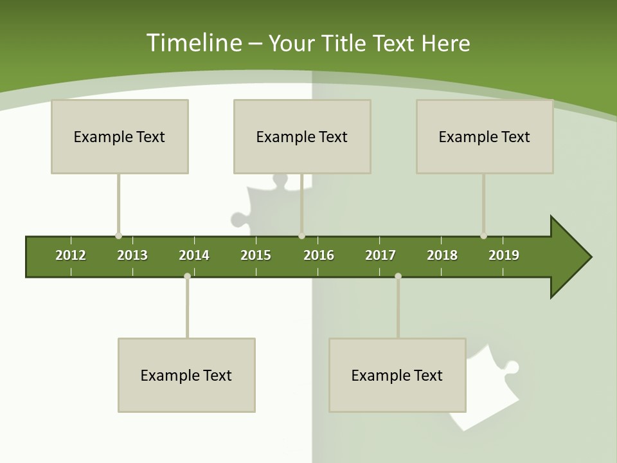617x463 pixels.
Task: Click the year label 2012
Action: (x=71, y=255)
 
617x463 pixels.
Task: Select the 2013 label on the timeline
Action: (x=132, y=255)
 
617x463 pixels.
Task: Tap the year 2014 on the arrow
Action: (x=194, y=255)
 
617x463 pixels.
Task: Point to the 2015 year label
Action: (x=256, y=255)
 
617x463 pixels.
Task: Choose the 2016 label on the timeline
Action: (x=319, y=255)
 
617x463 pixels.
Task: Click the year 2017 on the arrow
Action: (x=380, y=255)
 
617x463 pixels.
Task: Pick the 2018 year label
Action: (x=442, y=255)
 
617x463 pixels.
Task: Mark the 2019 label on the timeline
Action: (x=504, y=255)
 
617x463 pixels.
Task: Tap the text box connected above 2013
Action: (x=120, y=136)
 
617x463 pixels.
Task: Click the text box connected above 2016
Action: (x=302, y=136)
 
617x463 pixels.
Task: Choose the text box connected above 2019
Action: (x=485, y=136)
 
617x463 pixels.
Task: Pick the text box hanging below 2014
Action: (x=186, y=375)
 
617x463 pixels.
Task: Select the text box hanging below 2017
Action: (x=397, y=375)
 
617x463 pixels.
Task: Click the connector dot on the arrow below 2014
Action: (x=187, y=276)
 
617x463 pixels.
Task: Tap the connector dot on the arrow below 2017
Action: (x=398, y=276)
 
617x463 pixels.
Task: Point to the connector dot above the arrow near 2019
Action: (x=483, y=236)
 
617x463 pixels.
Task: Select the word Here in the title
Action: (x=445, y=43)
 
